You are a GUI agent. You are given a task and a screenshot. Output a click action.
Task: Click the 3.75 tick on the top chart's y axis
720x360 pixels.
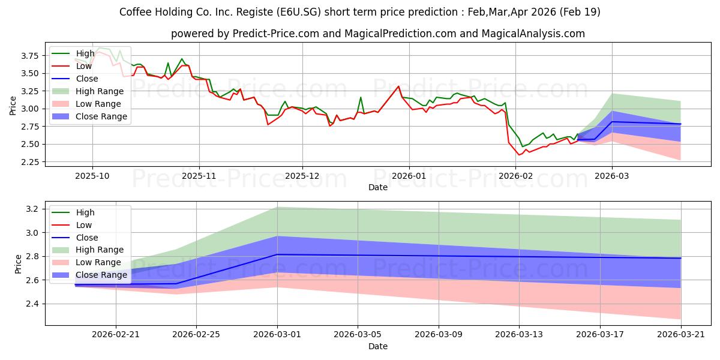point(29,56)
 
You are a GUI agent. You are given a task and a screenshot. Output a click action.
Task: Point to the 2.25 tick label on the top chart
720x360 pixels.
point(29,162)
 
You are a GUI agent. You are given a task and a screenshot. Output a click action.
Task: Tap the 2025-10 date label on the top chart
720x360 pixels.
point(92,176)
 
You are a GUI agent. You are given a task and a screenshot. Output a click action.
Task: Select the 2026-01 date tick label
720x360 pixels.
point(409,176)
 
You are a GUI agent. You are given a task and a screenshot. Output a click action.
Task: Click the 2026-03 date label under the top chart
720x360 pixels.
point(611,176)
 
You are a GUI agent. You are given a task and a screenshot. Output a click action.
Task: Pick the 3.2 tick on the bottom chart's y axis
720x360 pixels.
point(32,209)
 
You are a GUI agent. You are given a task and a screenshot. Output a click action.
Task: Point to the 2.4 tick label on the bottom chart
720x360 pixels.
point(32,304)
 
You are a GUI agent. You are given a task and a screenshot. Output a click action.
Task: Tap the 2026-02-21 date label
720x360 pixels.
point(116,335)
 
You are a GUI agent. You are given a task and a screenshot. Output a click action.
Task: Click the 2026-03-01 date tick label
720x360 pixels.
point(277,335)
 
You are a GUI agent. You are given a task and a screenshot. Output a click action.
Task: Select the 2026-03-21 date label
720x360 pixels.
point(681,335)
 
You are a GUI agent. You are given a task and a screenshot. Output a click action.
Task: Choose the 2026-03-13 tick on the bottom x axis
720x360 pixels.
point(519,335)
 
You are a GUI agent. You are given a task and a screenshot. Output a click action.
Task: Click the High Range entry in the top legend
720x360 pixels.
point(100,91)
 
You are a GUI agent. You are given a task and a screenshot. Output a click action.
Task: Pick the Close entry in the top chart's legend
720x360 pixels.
point(87,79)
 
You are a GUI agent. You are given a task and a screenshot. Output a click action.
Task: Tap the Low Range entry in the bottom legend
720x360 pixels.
point(98,262)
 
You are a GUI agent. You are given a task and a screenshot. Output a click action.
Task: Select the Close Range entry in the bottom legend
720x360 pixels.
point(101,275)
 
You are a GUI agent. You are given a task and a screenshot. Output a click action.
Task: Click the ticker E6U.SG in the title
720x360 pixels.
point(298,12)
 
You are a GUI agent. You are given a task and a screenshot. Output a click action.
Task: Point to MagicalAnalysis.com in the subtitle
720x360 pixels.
point(533,34)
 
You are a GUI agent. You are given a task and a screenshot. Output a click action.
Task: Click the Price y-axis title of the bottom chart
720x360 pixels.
point(18,264)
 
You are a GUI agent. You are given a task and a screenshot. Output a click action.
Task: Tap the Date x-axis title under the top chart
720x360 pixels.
point(377,187)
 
